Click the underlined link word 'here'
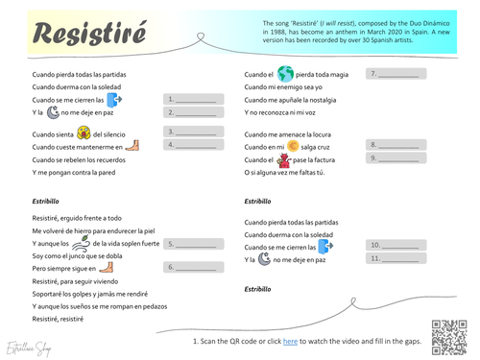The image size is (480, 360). click(290, 340)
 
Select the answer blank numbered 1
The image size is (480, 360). click(196, 98)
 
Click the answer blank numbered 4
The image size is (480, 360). click(196, 145)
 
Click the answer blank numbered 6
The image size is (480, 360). click(196, 268)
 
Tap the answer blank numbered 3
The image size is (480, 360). click(196, 132)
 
